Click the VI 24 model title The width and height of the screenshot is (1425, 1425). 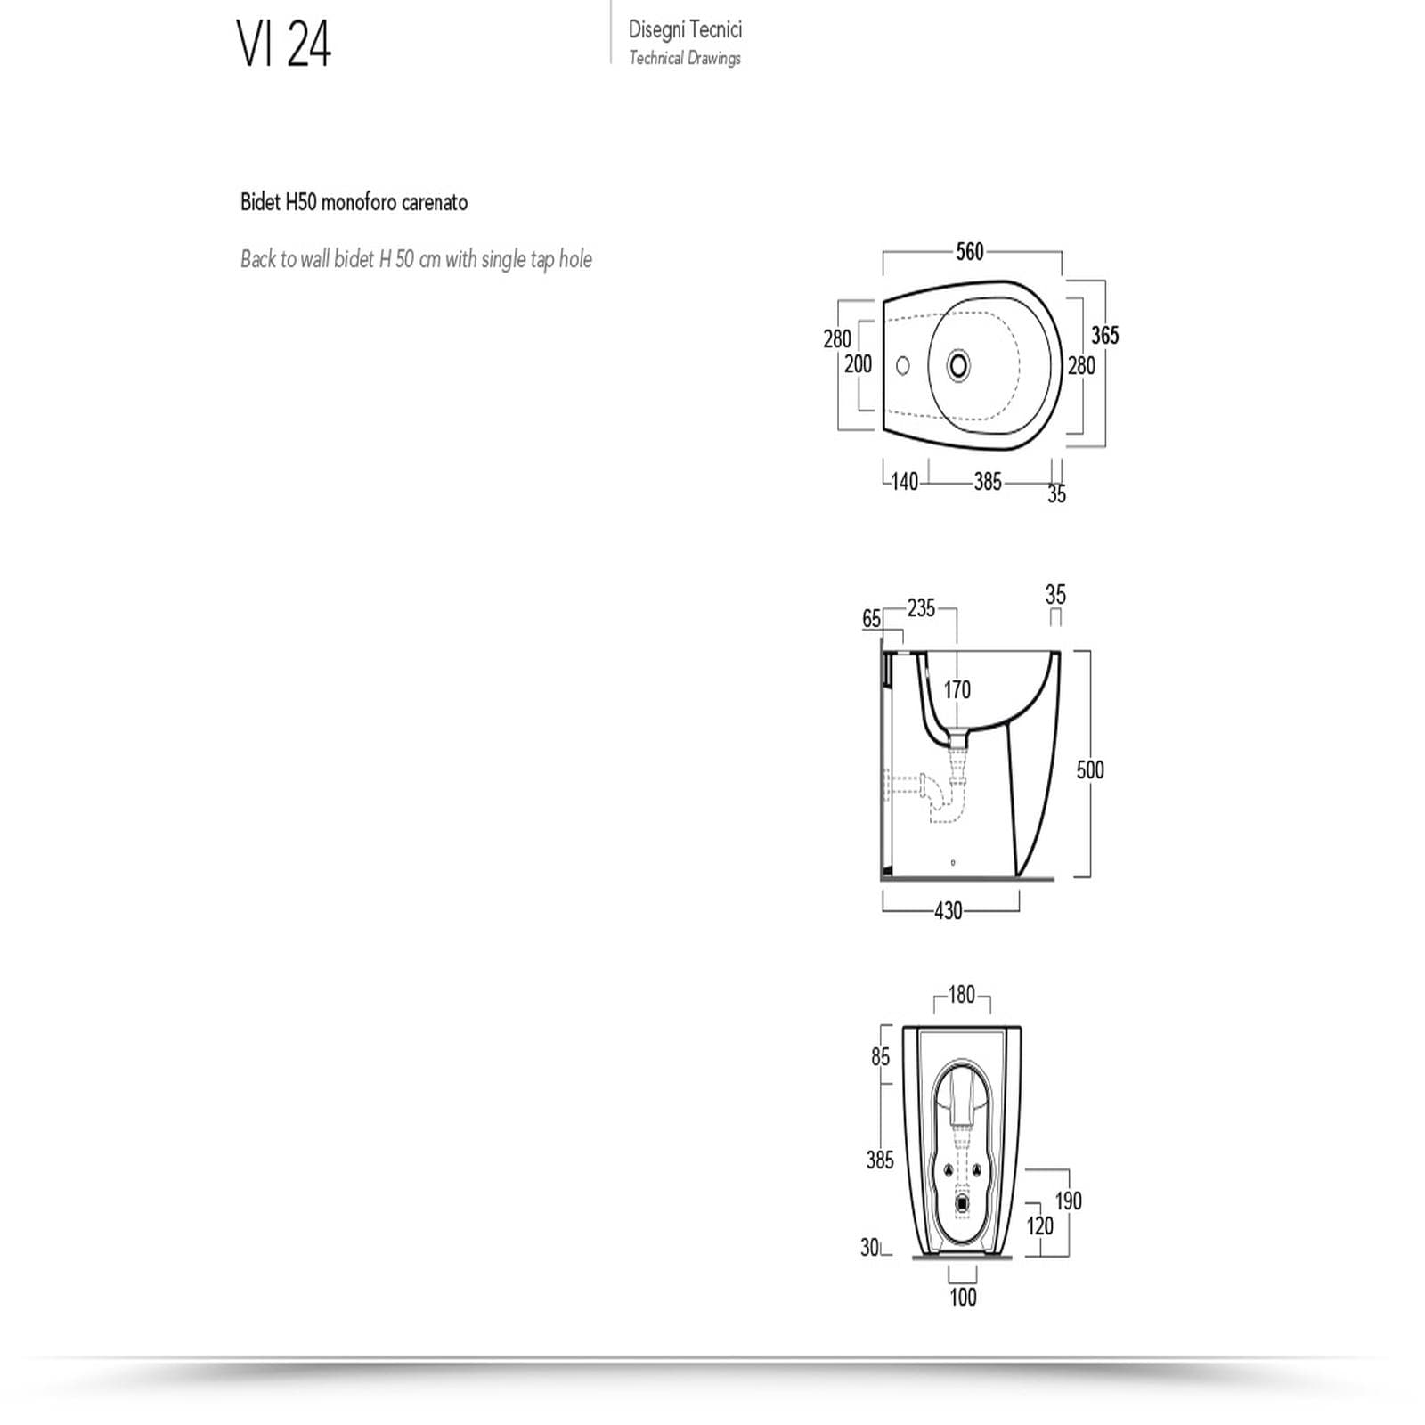point(284,44)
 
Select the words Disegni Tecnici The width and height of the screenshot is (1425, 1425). point(685,29)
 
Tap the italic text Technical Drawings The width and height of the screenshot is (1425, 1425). point(685,58)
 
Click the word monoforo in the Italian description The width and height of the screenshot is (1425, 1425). point(360,202)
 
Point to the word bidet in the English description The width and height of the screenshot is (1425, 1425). point(354,259)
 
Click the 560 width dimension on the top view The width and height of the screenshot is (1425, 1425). point(970,252)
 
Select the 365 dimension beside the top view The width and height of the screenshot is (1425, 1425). point(1104,335)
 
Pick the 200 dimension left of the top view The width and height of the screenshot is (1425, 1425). point(859,363)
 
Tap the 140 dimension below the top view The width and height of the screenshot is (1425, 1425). point(904,482)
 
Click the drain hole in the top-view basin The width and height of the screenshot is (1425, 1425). point(958,365)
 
